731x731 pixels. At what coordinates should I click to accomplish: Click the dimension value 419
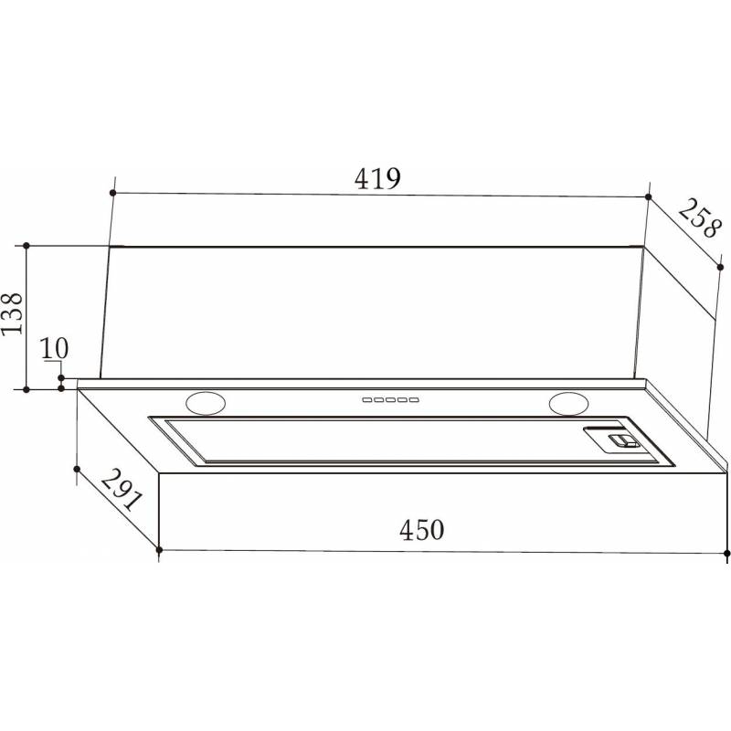click(x=377, y=178)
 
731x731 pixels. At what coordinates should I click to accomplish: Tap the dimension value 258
click(x=698, y=218)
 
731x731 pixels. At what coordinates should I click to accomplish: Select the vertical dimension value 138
click(x=12, y=313)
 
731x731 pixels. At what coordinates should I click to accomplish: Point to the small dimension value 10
click(x=54, y=348)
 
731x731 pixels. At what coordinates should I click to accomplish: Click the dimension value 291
click(x=120, y=491)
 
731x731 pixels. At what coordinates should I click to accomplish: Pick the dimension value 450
click(x=422, y=530)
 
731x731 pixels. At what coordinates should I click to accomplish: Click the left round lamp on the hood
click(x=206, y=403)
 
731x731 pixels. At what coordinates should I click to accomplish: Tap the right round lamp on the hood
click(x=568, y=403)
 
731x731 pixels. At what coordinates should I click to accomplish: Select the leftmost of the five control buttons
click(x=367, y=400)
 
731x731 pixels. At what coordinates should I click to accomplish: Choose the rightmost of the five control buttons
click(x=414, y=400)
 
